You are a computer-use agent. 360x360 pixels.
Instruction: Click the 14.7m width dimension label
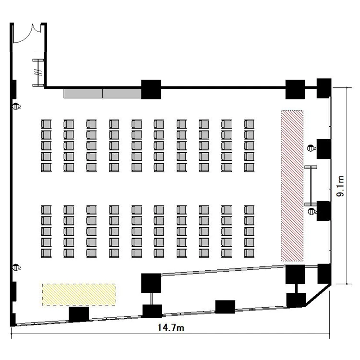[170, 327]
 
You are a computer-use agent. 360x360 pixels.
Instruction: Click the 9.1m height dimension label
[340, 186]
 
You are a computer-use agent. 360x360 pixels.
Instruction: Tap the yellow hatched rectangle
[79, 295]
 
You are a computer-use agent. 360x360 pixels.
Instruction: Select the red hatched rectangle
[292, 186]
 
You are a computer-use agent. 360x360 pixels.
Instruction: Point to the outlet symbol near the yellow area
[16, 267]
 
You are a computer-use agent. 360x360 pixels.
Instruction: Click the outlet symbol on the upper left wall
[16, 106]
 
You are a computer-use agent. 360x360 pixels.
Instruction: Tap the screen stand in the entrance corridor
[38, 73]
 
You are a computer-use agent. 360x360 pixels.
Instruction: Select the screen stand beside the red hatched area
[311, 186]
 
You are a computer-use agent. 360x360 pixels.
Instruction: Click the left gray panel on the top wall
[83, 93]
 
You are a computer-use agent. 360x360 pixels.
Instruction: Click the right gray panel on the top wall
[122, 93]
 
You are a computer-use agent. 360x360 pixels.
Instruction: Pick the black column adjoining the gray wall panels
[151, 89]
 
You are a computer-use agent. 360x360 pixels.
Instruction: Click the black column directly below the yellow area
[79, 314]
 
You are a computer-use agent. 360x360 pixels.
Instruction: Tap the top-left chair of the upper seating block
[46, 124]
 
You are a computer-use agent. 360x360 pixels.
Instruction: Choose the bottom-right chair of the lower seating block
[249, 253]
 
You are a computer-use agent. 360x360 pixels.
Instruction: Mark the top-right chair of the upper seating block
[249, 124]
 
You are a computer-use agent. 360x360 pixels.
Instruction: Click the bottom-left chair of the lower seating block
[46, 253]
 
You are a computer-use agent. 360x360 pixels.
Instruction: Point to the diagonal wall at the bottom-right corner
[318, 295]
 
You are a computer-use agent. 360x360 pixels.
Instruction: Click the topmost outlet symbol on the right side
[311, 148]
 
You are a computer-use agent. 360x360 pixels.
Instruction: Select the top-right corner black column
[324, 88]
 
